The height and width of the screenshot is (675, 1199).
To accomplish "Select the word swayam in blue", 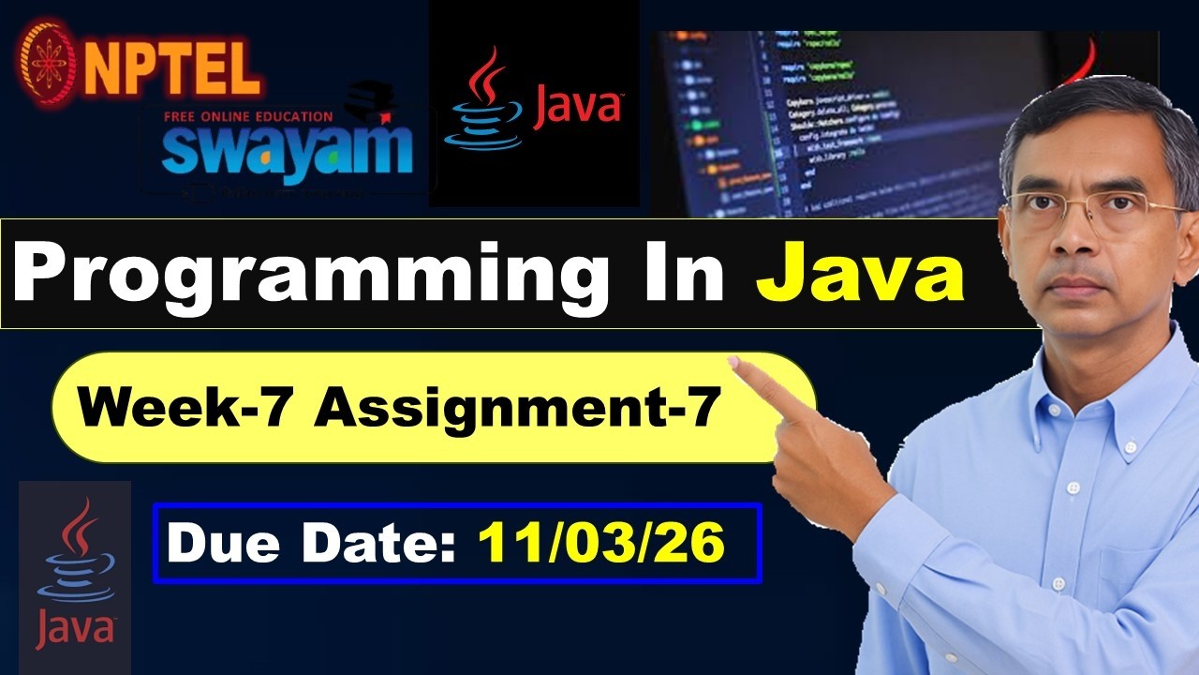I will tap(286, 149).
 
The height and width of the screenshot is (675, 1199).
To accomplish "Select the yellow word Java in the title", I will tap(860, 273).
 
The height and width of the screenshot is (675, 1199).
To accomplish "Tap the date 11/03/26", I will tap(601, 543).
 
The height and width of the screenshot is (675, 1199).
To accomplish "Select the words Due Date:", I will tap(314, 543).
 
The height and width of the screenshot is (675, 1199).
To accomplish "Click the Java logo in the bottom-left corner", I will tap(75, 577).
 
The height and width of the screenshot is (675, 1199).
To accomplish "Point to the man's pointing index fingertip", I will tap(735, 363).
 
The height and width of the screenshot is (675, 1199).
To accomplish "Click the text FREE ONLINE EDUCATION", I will tap(248, 116).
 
